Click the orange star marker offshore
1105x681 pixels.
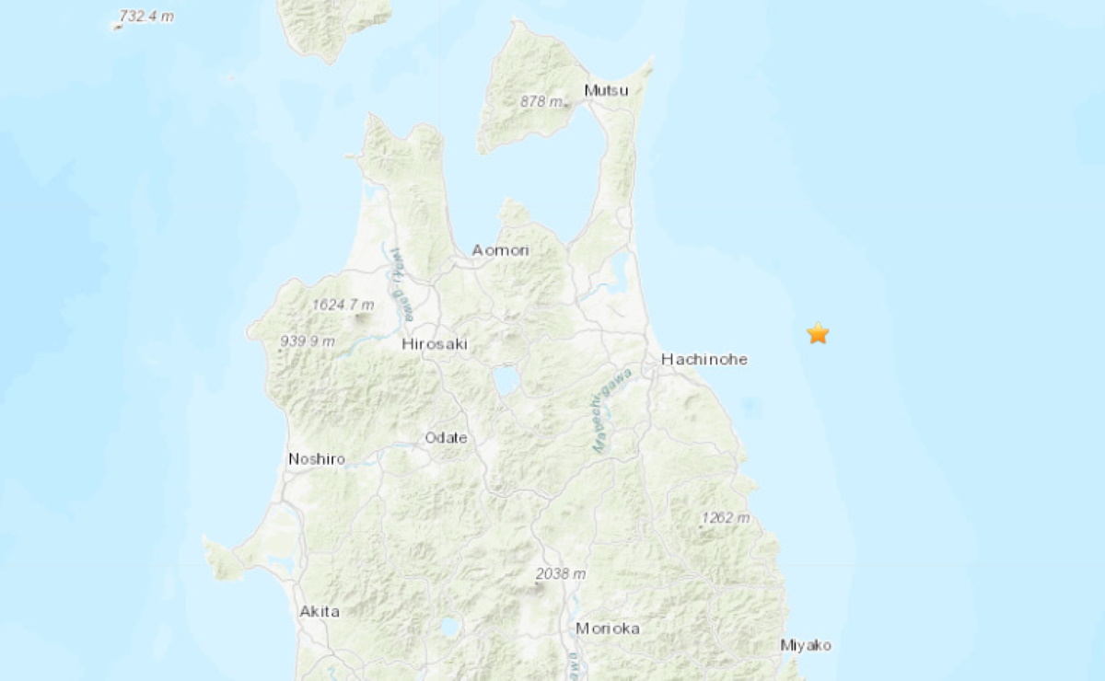818,333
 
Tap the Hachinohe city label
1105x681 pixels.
704,360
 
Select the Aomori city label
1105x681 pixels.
499,250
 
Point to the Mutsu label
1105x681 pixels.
607,90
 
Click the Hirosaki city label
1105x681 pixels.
435,344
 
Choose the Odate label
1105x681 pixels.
446,438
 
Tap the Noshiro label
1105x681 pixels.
317,458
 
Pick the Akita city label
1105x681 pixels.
320,611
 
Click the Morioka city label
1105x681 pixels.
608,629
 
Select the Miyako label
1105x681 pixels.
806,645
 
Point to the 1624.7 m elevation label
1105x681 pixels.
343,305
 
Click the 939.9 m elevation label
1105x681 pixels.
308,342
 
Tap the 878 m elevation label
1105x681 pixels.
541,101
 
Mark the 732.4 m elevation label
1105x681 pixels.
147,17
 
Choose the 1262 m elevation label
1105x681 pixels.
726,518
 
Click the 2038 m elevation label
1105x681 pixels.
561,574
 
